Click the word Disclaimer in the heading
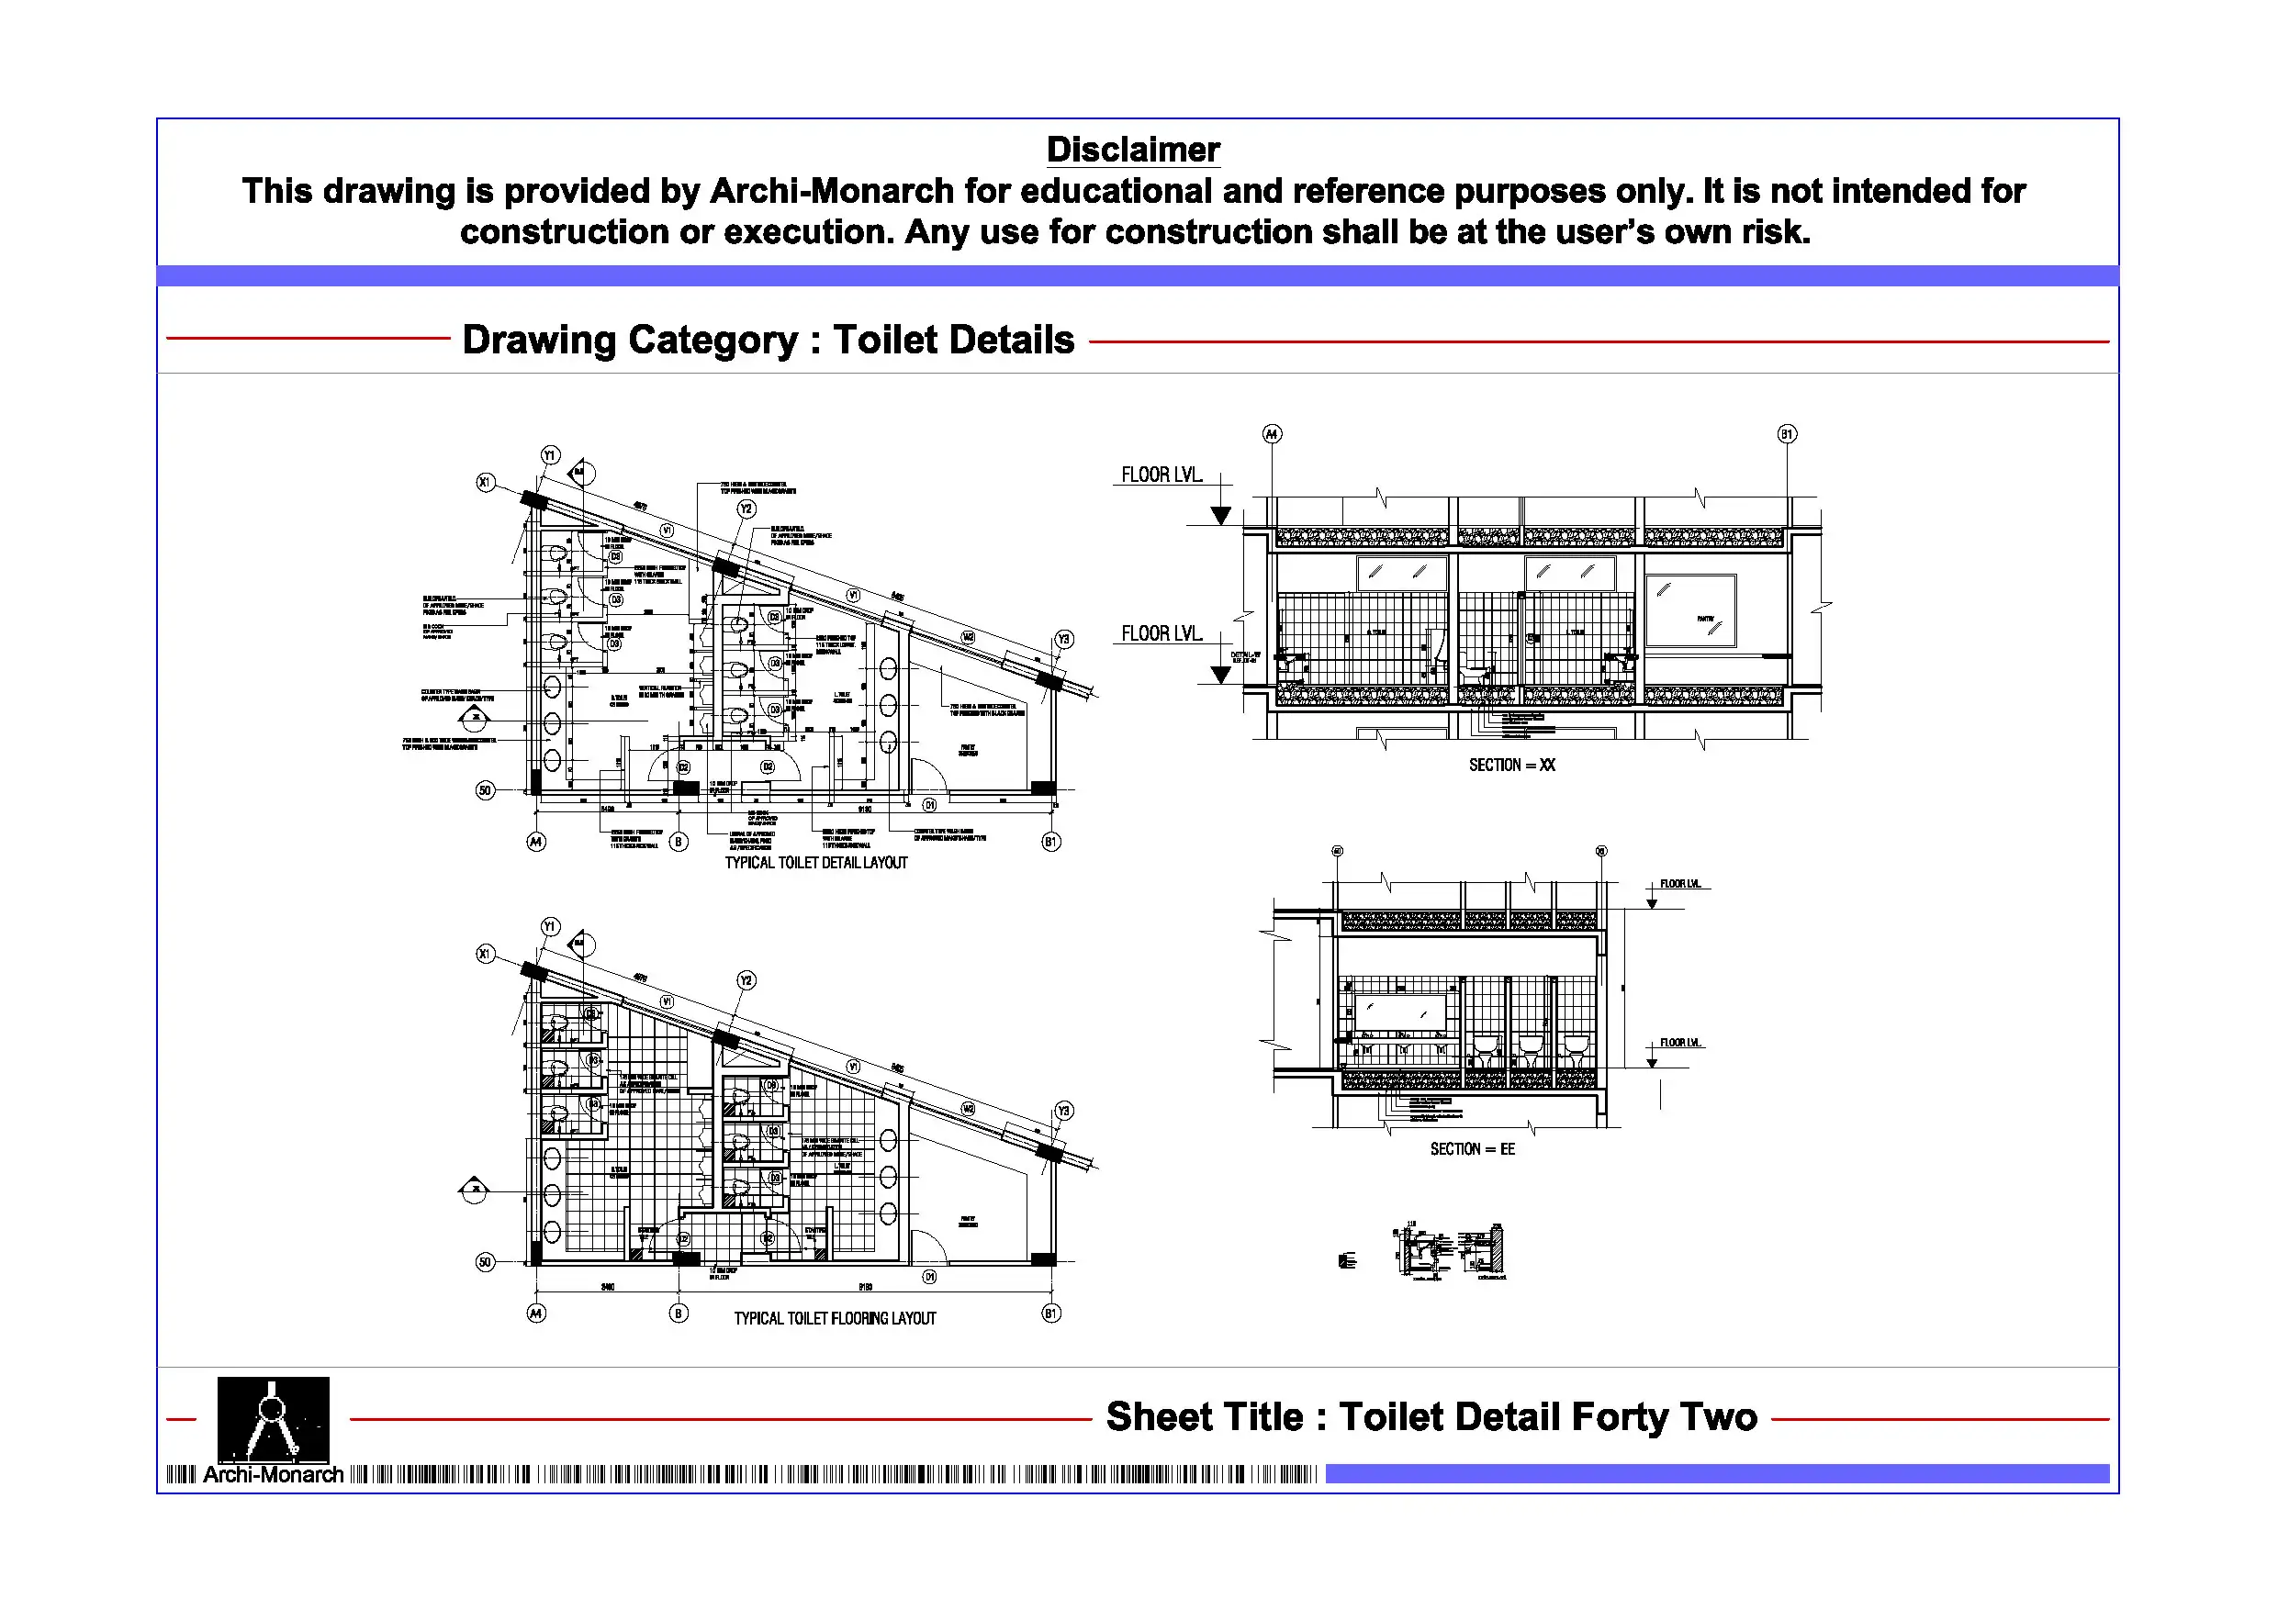1133,150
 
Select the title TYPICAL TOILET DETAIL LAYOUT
815,863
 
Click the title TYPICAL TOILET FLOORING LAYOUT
835,1318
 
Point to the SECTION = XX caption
1511,765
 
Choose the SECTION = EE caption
1473,1148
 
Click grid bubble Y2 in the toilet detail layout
746,509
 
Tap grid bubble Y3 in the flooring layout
1063,1111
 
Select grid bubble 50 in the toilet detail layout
485,790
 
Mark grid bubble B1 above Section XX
1787,433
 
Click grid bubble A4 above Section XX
1272,433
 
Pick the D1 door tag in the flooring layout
929,1277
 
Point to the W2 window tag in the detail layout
969,637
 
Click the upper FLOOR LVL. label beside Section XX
1161,475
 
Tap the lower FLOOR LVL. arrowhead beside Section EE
1651,1062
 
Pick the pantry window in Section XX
1690,611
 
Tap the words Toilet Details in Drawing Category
953,340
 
